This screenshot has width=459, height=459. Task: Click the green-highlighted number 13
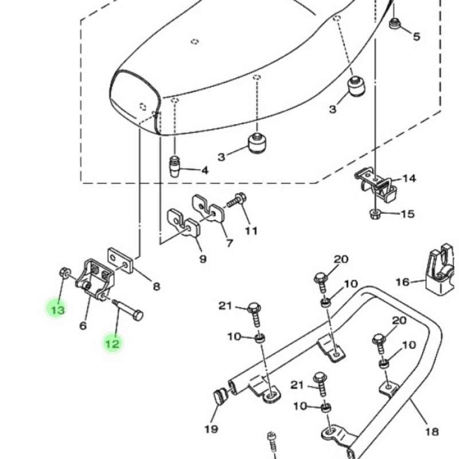click(58, 310)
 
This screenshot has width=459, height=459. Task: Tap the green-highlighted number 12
click(112, 343)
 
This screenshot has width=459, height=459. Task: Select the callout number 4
click(205, 170)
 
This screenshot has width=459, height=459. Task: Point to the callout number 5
click(417, 37)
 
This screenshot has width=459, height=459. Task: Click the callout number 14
click(409, 178)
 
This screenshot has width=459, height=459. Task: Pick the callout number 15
click(408, 214)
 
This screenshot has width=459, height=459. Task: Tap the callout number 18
click(432, 432)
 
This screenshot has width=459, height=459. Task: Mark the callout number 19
click(211, 429)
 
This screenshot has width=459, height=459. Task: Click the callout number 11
click(251, 231)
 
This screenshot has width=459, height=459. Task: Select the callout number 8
click(157, 286)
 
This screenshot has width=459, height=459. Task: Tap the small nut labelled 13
click(64, 273)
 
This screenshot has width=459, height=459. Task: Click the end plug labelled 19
click(221, 396)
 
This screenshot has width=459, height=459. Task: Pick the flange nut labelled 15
click(375, 214)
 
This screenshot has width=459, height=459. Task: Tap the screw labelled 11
click(236, 199)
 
